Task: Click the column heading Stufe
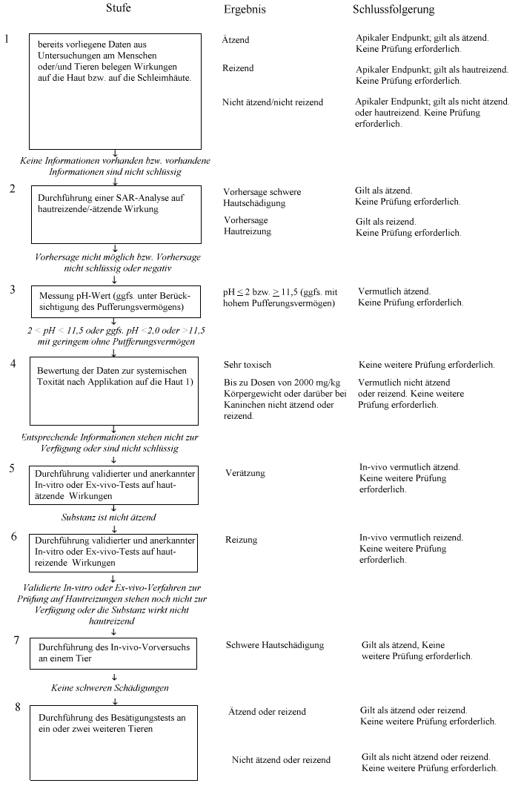click(119, 8)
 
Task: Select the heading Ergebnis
click(245, 10)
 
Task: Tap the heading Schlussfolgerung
click(393, 10)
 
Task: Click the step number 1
click(7, 38)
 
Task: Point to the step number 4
click(13, 363)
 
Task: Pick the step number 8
click(17, 707)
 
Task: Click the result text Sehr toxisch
click(248, 365)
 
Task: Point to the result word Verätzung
click(245, 473)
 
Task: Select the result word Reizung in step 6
click(242, 540)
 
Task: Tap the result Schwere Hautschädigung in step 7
click(275, 645)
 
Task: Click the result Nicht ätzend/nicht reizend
click(273, 102)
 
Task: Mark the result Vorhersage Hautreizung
click(248, 226)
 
